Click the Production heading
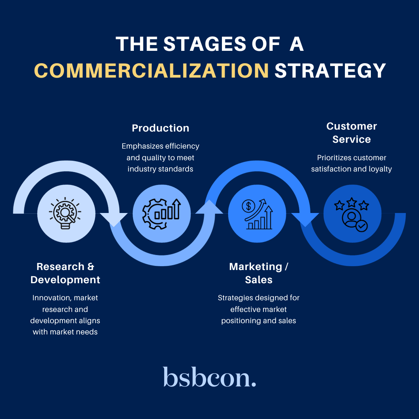pos(161,128)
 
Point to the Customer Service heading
pos(351,133)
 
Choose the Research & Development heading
pos(65,273)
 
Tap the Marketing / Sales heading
pos(259,273)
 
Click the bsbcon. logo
pos(209,377)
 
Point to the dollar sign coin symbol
pos(247,206)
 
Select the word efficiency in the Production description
pos(182,146)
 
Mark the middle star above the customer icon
pos(351,202)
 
